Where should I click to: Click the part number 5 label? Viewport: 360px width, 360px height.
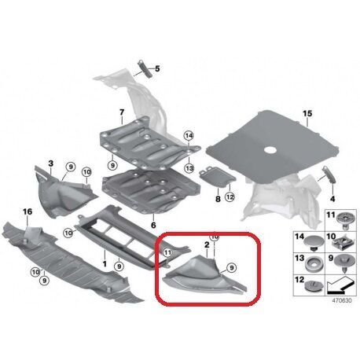click(156, 69)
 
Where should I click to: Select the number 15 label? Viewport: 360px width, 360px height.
click(307, 114)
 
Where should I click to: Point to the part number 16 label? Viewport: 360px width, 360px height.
click(27, 212)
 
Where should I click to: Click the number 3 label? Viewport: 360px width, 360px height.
click(50, 163)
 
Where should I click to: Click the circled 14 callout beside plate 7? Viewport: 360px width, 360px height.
click(188, 137)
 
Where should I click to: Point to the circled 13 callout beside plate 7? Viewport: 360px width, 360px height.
click(188, 167)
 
